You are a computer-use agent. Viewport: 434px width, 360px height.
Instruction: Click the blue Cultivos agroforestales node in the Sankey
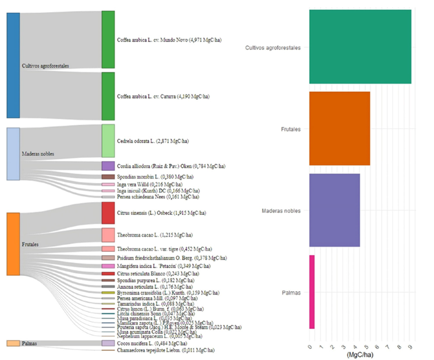13,65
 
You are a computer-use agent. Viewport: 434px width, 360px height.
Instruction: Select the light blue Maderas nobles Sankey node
13,153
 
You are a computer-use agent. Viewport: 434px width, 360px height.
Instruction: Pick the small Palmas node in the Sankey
13,343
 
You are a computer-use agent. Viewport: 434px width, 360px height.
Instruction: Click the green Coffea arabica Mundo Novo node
108,39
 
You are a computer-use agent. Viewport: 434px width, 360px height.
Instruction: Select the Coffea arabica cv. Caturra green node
108,96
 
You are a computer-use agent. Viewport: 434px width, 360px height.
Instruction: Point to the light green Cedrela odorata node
108,141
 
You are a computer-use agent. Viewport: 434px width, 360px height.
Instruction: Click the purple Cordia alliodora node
108,166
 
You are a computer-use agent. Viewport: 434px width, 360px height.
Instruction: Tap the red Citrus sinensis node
108,212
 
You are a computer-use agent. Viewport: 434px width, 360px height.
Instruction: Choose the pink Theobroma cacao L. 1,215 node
108,234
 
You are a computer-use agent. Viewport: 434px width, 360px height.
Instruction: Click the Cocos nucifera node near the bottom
108,343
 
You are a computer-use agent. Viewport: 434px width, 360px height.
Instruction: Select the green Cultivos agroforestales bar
360,47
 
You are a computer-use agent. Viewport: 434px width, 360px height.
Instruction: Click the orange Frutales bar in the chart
339,129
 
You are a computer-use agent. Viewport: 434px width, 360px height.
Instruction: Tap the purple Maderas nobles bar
334,210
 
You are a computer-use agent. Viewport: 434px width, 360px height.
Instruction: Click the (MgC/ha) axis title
360,354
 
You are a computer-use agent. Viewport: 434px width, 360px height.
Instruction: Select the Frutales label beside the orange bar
291,129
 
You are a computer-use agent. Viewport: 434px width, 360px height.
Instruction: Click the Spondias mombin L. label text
147,177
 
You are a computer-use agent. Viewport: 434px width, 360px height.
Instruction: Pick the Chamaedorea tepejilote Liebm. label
157,350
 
